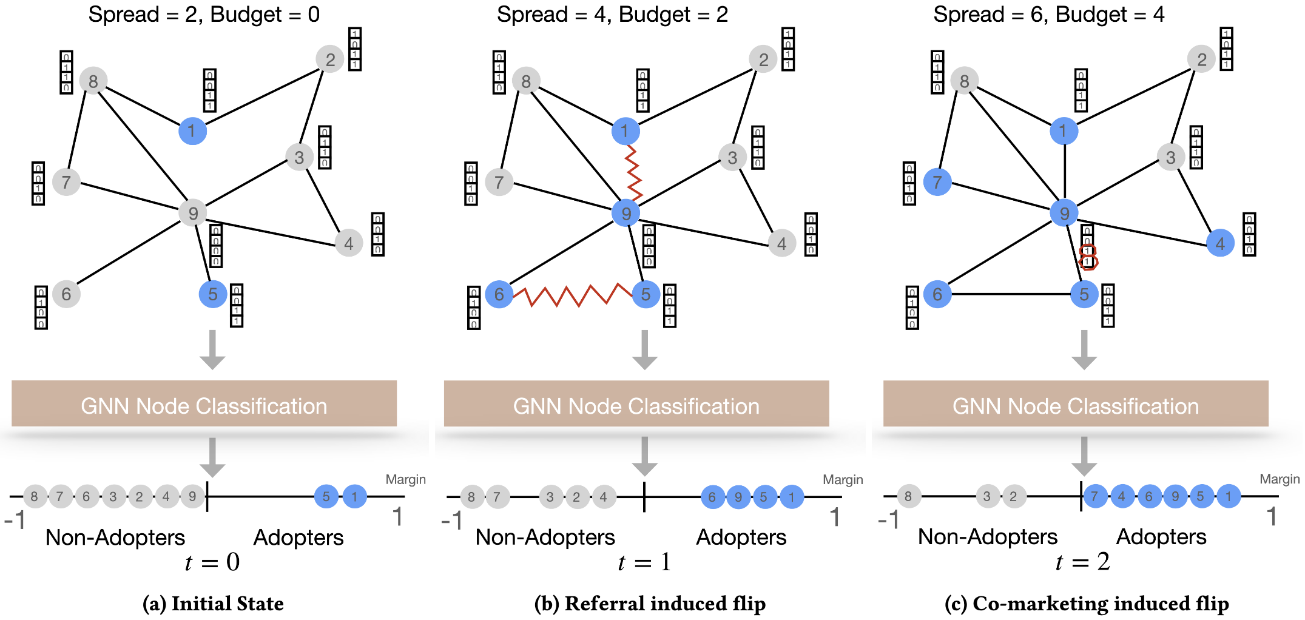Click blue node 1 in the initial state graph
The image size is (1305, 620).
click(192, 131)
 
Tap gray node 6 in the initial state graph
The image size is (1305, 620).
click(66, 294)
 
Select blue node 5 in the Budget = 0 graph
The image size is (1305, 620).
click(212, 294)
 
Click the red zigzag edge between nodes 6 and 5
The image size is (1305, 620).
click(573, 295)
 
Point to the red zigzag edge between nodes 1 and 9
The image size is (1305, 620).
click(633, 172)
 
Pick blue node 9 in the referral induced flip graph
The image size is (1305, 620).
click(626, 213)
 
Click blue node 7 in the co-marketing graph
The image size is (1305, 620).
click(937, 182)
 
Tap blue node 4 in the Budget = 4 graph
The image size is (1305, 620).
click(1220, 244)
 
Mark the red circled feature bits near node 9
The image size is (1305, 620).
click(1088, 257)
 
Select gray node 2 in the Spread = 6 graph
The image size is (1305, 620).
click(1201, 59)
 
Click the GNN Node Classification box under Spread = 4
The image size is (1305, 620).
click(636, 405)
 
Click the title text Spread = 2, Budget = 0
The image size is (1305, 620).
click(204, 15)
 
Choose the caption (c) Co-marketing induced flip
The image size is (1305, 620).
click(1087, 604)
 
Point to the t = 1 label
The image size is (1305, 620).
click(644, 562)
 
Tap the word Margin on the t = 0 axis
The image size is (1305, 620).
click(405, 479)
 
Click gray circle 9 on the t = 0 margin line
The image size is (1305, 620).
click(192, 497)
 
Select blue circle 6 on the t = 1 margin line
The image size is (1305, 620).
click(712, 497)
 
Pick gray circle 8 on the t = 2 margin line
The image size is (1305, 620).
click(908, 497)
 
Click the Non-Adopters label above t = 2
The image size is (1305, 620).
click(987, 537)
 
